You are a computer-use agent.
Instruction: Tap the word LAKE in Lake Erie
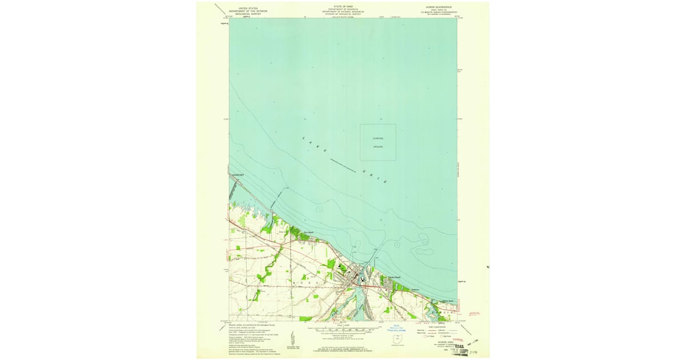tap(314, 145)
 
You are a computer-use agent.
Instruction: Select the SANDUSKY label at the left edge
tap(237, 174)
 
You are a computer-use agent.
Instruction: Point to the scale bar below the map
tap(343, 330)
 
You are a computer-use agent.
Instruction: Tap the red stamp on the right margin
tap(475, 313)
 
